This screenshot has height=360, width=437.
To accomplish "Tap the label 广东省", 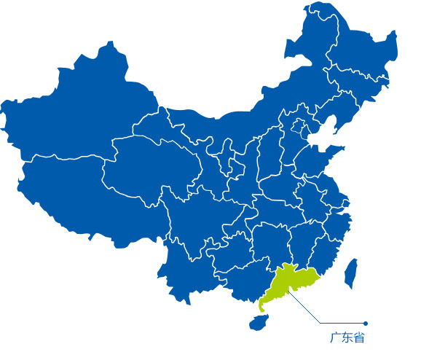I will point(347,338).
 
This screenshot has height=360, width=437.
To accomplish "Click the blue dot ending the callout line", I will point(366,323).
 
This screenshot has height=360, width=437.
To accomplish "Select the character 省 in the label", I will point(359,338).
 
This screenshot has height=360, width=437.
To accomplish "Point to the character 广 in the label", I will point(336,338).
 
